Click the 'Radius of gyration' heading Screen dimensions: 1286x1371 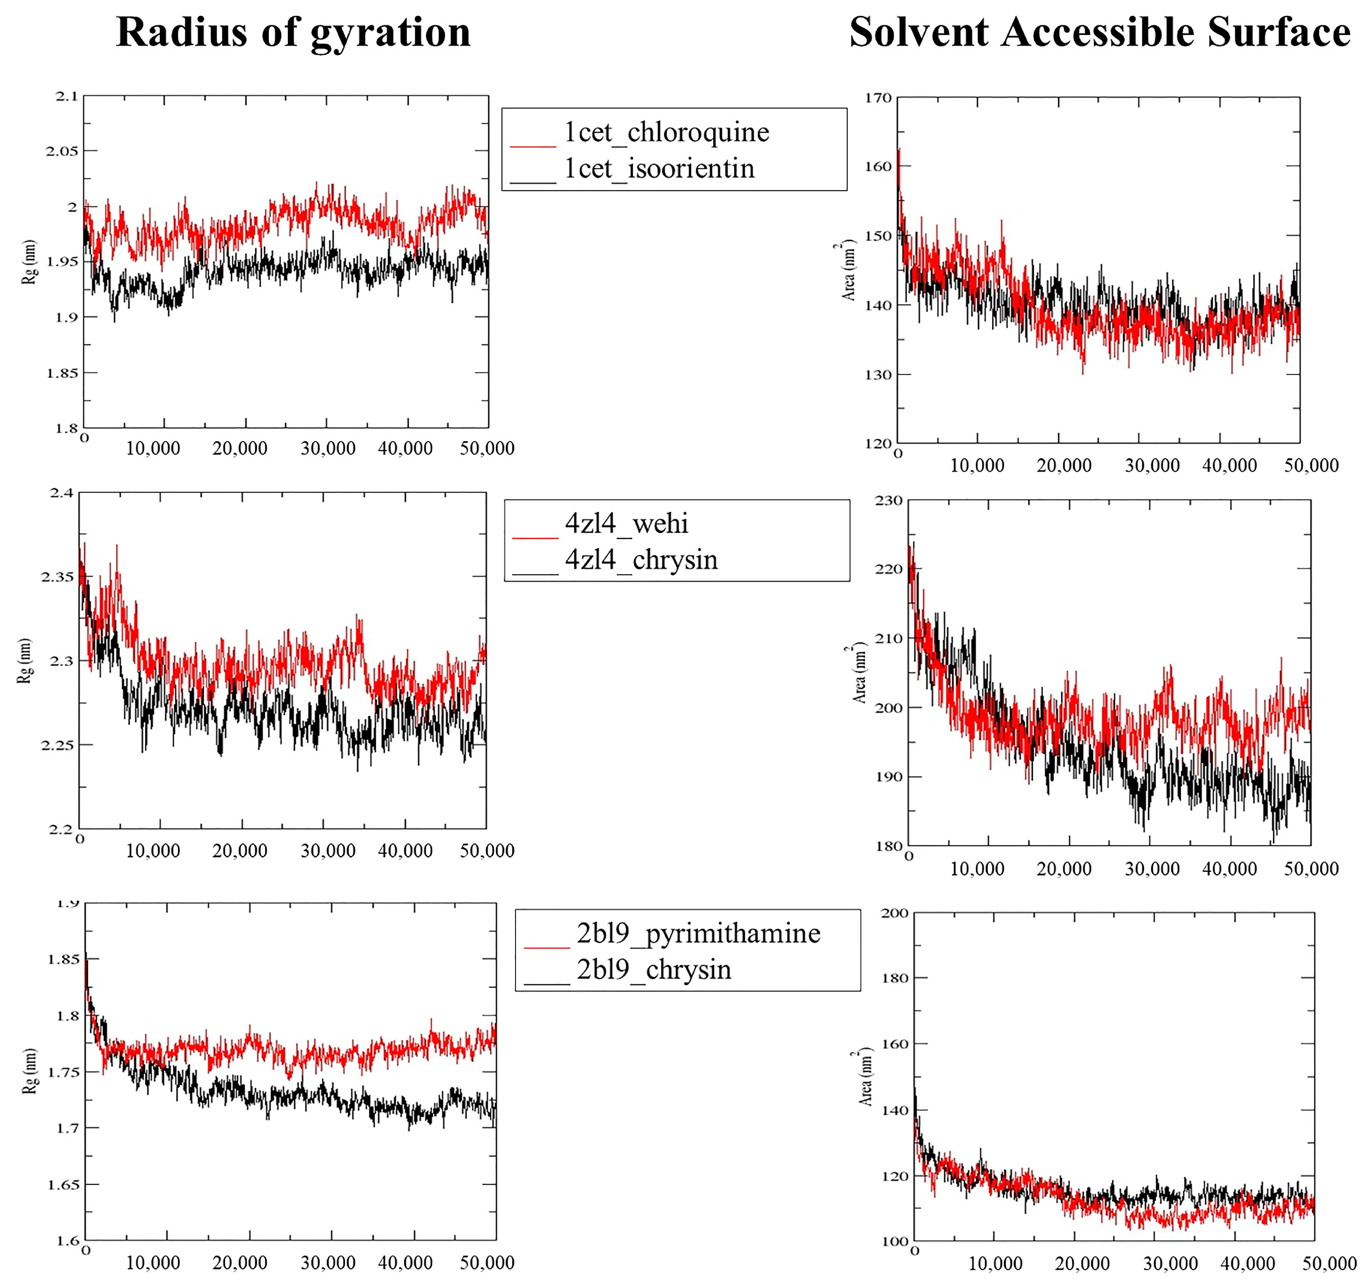293,32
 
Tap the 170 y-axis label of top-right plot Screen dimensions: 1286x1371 879,98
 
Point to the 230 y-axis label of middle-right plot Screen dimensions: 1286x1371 888,501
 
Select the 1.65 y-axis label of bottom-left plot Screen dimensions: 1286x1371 63,1184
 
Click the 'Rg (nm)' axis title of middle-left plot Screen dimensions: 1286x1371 25,661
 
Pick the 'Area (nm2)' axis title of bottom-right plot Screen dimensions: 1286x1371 865,1077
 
